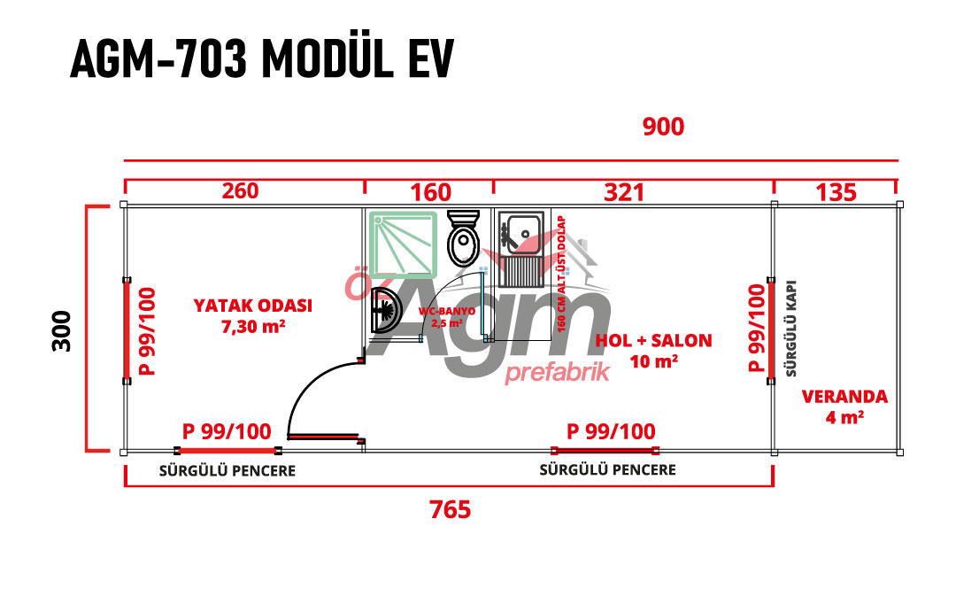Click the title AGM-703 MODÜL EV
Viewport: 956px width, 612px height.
(261, 60)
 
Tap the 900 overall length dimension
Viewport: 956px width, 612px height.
(663, 128)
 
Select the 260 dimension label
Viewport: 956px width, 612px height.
(240, 191)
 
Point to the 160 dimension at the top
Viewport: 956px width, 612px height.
(431, 192)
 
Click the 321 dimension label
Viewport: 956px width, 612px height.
(625, 191)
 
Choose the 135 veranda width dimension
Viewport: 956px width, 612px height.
(836, 191)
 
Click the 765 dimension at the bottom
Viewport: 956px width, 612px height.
(450, 510)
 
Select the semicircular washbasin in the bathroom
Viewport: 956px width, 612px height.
(384, 310)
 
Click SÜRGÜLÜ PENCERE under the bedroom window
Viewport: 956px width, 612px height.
(227, 471)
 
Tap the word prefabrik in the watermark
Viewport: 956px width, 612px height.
(557, 373)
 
